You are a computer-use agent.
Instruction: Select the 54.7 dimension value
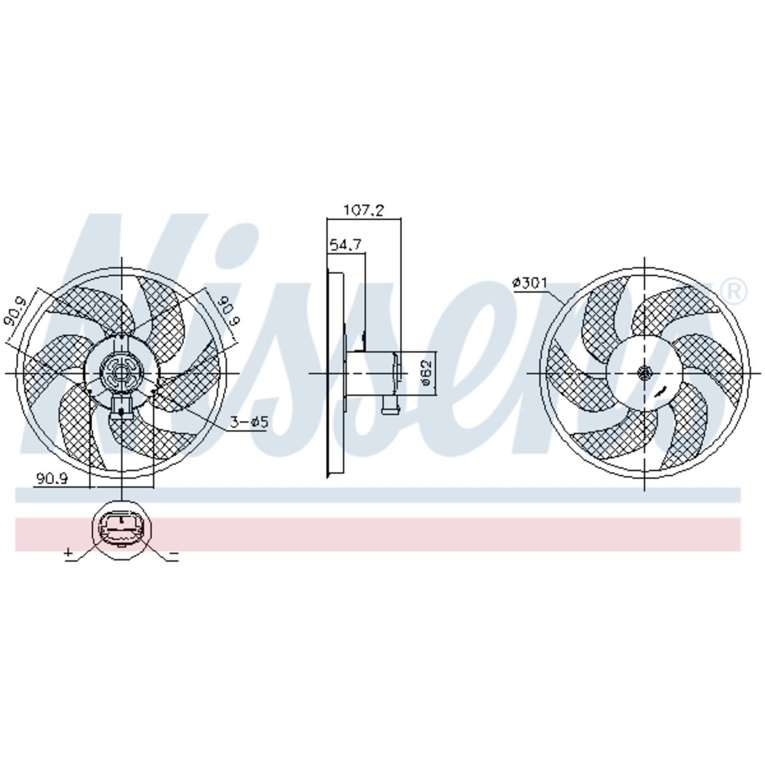pos(346,245)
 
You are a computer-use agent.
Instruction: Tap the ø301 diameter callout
pos(530,283)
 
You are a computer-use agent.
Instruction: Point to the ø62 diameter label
pos(426,372)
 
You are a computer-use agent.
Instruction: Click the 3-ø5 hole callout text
pos(250,422)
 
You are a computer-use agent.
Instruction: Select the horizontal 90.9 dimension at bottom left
pos(52,478)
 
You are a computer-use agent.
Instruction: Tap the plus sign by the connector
pos(69,552)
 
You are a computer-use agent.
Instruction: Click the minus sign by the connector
pos(174,553)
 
